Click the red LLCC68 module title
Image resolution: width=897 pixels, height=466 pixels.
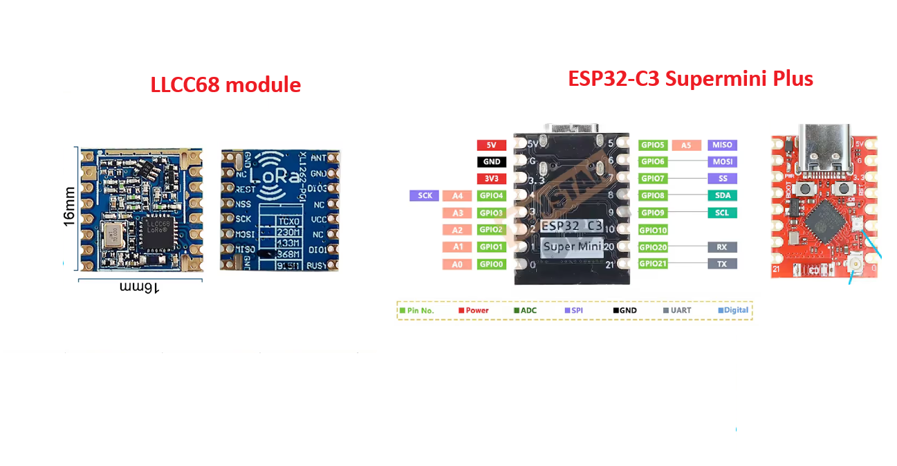225,85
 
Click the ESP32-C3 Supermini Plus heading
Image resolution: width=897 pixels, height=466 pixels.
690,78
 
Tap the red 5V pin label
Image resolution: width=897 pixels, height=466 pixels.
491,145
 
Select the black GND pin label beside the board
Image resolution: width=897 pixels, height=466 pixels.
491,162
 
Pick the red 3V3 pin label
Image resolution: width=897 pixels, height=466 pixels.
491,179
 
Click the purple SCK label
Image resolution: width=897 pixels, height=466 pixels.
425,196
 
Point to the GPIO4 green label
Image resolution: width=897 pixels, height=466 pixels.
492,196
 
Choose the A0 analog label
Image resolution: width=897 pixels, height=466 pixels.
456,264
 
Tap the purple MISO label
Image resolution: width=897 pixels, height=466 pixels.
722,145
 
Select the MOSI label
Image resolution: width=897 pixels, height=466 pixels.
722,162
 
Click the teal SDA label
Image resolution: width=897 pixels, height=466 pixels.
722,196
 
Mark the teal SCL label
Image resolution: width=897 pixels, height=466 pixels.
722,213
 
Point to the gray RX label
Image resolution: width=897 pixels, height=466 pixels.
722,247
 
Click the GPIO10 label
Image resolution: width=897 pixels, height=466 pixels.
653,230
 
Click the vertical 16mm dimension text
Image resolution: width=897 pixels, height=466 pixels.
68,208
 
